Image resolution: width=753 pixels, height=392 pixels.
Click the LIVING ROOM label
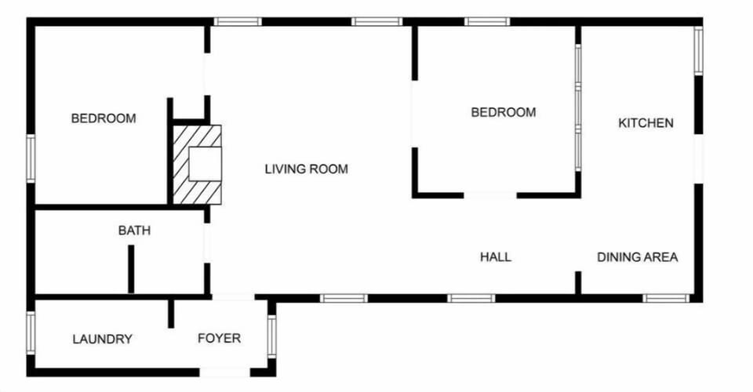[306, 169]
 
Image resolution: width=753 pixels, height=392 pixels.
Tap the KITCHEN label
[646, 123]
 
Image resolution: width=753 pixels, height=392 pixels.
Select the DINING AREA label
[637, 257]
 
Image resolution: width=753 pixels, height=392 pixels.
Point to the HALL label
[496, 257]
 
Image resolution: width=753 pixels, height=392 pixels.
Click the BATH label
[134, 230]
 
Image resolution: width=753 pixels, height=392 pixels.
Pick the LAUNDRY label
[102, 339]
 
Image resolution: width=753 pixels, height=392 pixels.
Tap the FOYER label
[219, 339]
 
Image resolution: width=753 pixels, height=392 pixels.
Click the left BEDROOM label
[104, 118]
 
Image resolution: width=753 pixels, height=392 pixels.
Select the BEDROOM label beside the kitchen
[504, 112]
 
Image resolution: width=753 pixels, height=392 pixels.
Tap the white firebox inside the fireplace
[206, 164]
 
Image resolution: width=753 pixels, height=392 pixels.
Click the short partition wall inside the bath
[131, 269]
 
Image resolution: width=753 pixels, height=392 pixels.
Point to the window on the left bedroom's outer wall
[31, 158]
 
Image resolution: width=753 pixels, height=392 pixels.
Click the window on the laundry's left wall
[31, 333]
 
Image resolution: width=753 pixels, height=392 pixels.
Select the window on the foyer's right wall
[272, 336]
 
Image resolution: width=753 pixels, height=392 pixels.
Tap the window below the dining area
[665, 298]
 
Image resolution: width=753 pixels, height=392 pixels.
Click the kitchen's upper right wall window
[697, 51]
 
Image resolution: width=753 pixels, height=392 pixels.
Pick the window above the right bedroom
[487, 21]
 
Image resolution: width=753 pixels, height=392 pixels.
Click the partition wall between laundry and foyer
[170, 313]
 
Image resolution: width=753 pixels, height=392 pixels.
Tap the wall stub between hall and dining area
[578, 283]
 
